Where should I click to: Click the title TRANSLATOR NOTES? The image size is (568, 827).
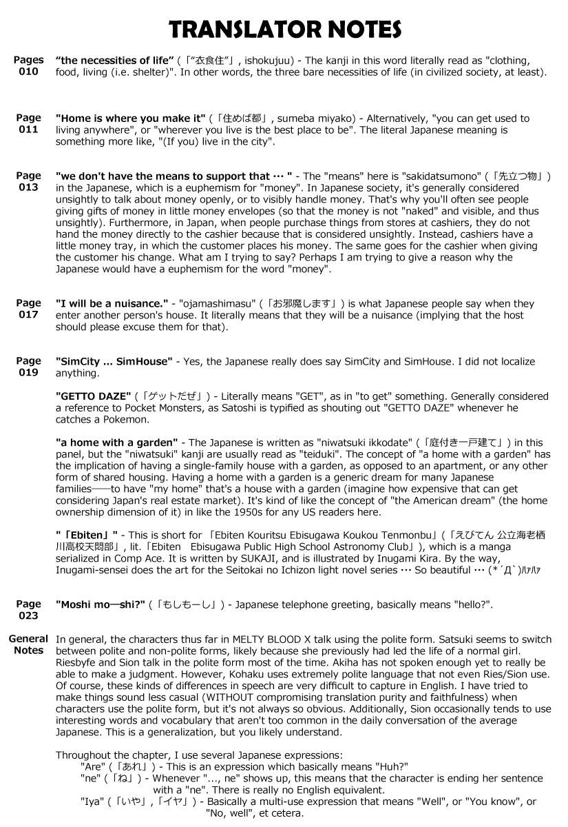tap(285, 30)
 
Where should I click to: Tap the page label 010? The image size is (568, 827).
tap(28, 72)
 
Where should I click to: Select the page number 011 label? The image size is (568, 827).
tap(28, 130)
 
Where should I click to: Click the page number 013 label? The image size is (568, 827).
tap(28, 187)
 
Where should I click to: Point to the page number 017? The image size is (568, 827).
tap(28, 314)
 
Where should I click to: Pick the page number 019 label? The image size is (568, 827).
tap(28, 372)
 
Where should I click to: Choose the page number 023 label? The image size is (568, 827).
tap(28, 615)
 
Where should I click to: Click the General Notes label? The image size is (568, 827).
tap(28, 644)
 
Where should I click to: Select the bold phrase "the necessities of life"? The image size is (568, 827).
tap(114, 61)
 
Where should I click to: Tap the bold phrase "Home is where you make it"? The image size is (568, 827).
tap(131, 119)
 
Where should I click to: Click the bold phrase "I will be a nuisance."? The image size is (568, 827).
tap(112, 303)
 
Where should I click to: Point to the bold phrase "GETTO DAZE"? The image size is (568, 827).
tap(93, 396)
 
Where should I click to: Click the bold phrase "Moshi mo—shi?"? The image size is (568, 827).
tap(101, 604)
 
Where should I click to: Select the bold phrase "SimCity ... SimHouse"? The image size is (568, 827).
tap(114, 361)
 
